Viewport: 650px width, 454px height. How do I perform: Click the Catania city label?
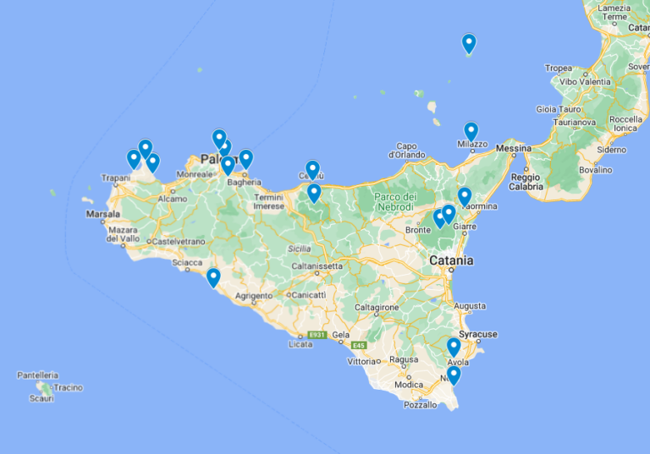click(451, 260)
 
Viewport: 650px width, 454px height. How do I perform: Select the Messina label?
click(514, 148)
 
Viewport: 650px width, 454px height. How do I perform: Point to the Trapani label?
click(114, 178)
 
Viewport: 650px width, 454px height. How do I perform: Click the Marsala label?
click(103, 215)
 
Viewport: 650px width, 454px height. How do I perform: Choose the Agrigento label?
click(254, 296)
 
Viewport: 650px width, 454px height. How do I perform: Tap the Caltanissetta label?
click(317, 265)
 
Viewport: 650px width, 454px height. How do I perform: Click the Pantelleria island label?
click(38, 375)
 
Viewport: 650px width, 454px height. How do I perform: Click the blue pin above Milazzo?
click(471, 132)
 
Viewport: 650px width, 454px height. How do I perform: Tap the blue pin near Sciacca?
click(213, 277)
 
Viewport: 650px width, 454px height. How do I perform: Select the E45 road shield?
click(359, 345)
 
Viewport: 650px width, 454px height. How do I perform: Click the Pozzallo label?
click(421, 405)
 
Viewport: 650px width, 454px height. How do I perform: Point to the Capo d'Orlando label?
click(406, 150)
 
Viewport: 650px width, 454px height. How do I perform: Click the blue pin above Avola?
click(454, 347)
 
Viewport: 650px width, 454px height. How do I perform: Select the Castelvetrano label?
click(174, 241)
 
